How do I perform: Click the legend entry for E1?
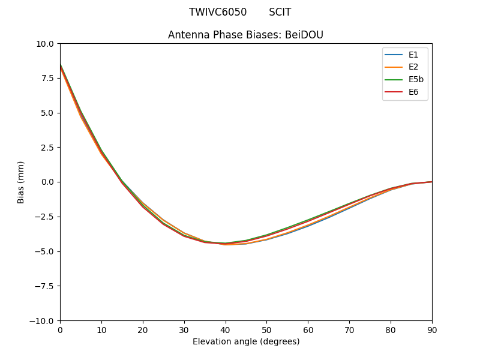[413, 55]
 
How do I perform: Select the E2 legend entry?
[413, 67]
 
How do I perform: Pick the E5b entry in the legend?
[416, 80]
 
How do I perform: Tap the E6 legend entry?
[413, 92]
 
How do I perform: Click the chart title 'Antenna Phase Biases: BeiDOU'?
[245, 35]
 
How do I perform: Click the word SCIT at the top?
[280, 12]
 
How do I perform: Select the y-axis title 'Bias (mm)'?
[21, 182]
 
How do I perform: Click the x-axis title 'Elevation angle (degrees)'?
[246, 341]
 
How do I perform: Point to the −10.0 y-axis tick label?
[43, 320]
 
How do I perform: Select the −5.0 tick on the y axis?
[46, 251]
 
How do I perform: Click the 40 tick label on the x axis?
[225, 329]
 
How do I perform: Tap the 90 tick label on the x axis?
[431, 329]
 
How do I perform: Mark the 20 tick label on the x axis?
[143, 329]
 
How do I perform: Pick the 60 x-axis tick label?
[308, 329]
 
